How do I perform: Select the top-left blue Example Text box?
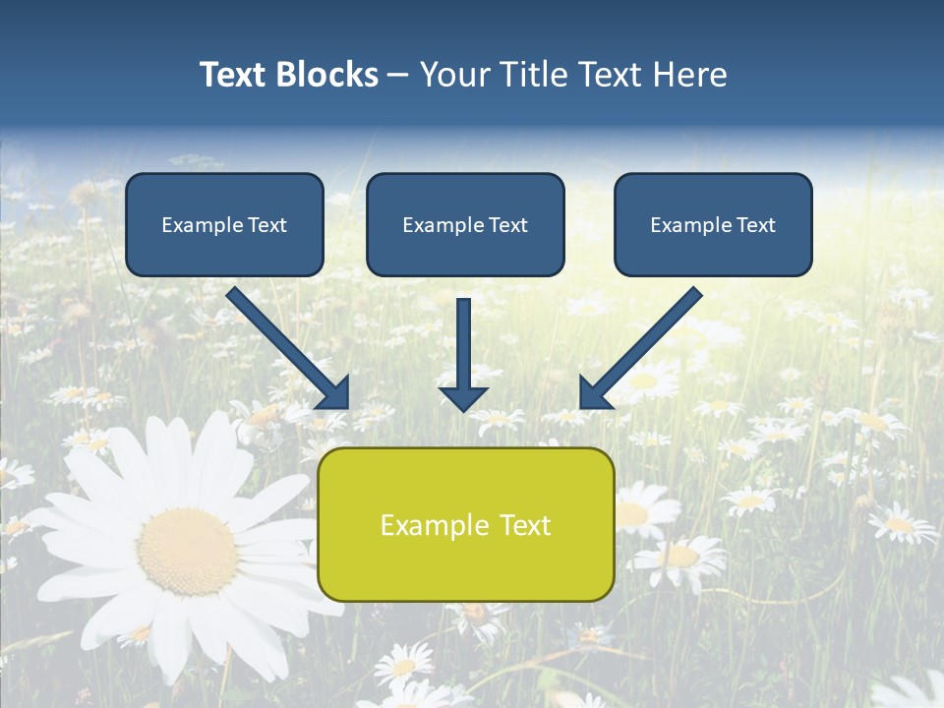click(x=224, y=224)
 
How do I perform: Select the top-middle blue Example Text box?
click(x=465, y=224)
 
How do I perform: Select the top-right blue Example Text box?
click(x=713, y=224)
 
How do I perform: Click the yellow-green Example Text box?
click(x=465, y=524)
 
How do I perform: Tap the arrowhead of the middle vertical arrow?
click(x=463, y=397)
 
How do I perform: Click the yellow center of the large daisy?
click(x=187, y=550)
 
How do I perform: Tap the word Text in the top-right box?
click(x=755, y=225)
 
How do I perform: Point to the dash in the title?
click(x=398, y=76)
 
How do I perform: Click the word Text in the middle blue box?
click(x=507, y=225)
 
